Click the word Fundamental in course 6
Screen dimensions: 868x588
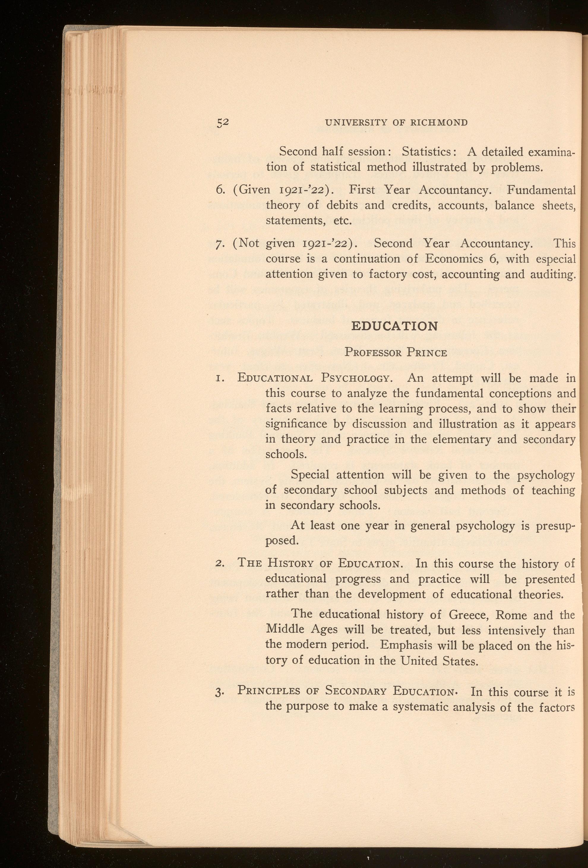coord(541,190)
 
